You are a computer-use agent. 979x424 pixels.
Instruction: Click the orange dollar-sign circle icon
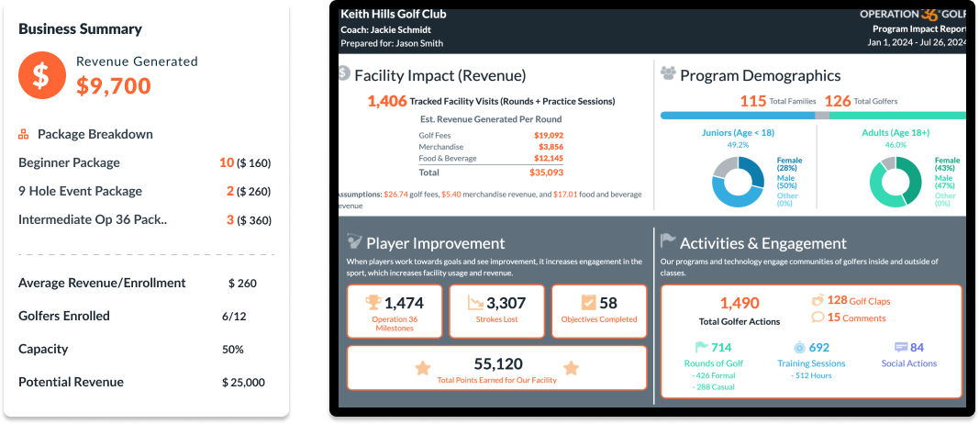[42, 75]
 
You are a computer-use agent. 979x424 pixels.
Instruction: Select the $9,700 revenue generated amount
[114, 85]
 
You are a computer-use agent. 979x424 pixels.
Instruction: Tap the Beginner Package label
[70, 163]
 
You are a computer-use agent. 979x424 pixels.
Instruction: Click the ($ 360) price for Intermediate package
[253, 220]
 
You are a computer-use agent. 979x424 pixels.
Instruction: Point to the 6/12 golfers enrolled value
[234, 317]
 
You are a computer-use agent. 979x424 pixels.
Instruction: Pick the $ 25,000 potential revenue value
[243, 382]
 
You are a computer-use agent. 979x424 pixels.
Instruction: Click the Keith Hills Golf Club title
[394, 14]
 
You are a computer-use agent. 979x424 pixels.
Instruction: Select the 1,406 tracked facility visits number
[387, 101]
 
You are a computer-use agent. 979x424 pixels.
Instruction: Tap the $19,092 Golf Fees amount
[549, 135]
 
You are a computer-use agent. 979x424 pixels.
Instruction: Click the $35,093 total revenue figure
[546, 173]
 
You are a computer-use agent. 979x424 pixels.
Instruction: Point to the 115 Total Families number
[753, 101]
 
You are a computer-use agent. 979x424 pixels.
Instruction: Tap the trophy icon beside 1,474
[373, 303]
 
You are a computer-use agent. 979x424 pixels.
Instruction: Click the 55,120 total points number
[498, 364]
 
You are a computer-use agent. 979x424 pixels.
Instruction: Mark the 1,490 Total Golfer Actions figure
[740, 304]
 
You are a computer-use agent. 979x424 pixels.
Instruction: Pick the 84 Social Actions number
[917, 347]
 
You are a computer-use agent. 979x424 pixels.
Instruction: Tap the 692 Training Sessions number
[819, 347]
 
